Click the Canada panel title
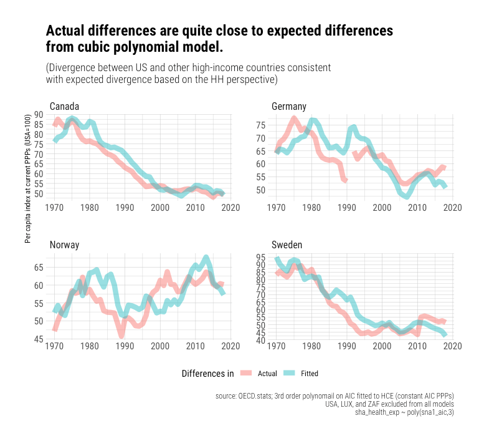[x=64, y=105]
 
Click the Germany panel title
[x=289, y=106]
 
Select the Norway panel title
[x=64, y=245]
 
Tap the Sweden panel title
[x=287, y=245]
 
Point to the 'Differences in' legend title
[x=207, y=374]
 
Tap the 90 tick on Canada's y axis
[x=39, y=114]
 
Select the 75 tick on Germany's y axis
[x=261, y=125]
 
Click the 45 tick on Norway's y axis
[x=39, y=339]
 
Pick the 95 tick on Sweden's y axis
[x=261, y=256]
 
